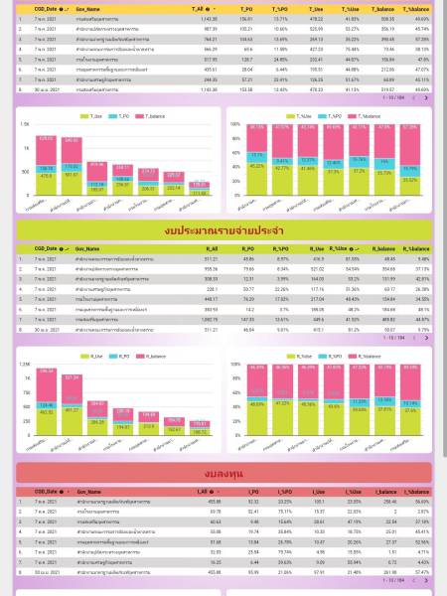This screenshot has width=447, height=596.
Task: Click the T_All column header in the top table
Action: point(200,8)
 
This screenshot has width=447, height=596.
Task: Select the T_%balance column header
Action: point(415,8)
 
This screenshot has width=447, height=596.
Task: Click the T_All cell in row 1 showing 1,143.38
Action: point(208,18)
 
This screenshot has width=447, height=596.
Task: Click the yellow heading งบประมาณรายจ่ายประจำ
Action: point(223,230)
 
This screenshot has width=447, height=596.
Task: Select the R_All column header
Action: point(211,248)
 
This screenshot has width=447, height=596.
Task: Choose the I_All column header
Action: point(200,491)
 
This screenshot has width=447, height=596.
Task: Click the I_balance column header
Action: point(380,491)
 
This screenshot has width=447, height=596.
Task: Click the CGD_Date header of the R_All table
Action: point(49,248)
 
